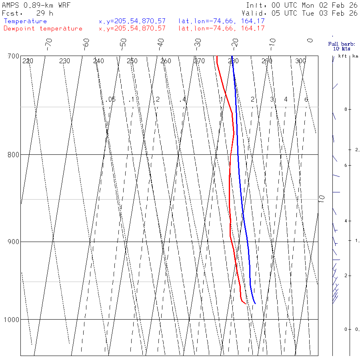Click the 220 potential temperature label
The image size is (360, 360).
28,61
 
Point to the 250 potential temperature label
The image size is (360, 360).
132,61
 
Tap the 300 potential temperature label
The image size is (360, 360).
300,61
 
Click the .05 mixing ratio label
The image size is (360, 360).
111,99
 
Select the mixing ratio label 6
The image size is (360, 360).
306,99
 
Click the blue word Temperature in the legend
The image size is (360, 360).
25,21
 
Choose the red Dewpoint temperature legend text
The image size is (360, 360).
43,28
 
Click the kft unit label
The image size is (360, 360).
343,56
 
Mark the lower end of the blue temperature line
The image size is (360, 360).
255,304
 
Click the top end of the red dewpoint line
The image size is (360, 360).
217,56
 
